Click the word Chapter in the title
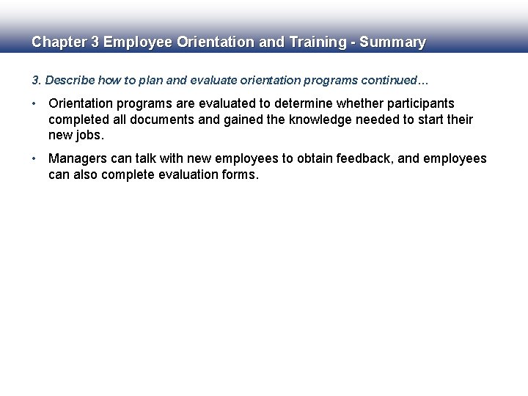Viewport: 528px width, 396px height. (59, 43)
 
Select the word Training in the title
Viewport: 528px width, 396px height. (313, 43)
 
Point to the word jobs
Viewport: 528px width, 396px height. (89, 135)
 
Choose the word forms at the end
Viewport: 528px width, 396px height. (240, 175)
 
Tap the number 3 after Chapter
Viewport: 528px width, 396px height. (95, 43)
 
